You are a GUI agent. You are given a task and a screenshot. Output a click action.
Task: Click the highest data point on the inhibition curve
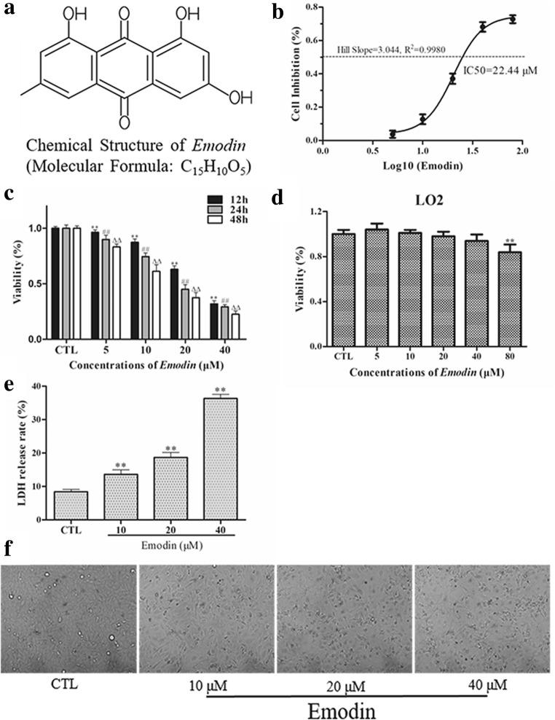click(x=513, y=20)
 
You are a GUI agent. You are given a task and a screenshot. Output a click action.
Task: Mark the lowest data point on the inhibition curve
click(x=393, y=134)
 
